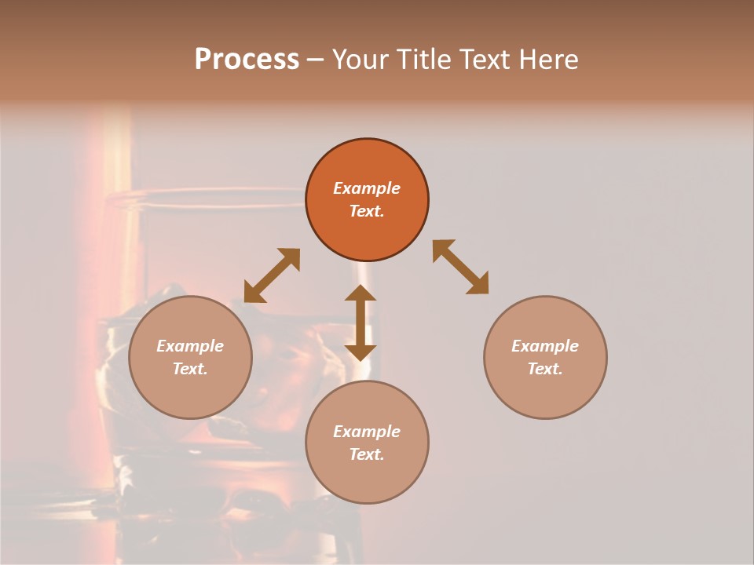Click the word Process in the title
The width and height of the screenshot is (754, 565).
247,60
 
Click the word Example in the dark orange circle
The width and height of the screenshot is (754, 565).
367,188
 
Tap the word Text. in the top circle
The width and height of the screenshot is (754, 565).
367,211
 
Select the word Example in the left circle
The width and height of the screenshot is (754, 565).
190,346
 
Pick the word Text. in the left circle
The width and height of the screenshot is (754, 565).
190,369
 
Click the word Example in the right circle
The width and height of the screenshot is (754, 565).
545,346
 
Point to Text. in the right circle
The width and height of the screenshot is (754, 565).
545,369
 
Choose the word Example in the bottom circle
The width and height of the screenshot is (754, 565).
367,432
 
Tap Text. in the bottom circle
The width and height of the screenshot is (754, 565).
367,454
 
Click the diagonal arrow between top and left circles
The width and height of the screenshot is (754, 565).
272,275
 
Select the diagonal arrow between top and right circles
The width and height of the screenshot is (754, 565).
461,267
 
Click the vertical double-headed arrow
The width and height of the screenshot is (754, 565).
361,323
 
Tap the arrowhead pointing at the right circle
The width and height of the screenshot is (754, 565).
478,284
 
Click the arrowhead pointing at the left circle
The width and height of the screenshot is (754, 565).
253,293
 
